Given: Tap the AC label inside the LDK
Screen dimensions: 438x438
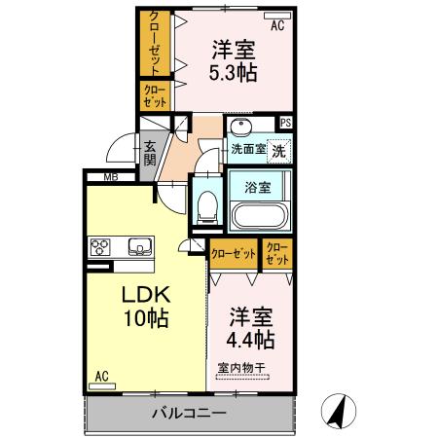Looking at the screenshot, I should click(101, 375).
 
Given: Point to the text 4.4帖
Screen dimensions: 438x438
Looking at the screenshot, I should click(251, 340).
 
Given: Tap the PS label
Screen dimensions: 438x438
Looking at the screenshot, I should click(285, 123).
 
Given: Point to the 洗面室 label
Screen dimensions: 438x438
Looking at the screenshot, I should click(247, 150).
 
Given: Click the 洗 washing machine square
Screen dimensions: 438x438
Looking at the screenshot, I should click(278, 151).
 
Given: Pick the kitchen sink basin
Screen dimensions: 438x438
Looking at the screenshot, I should click(136, 246).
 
